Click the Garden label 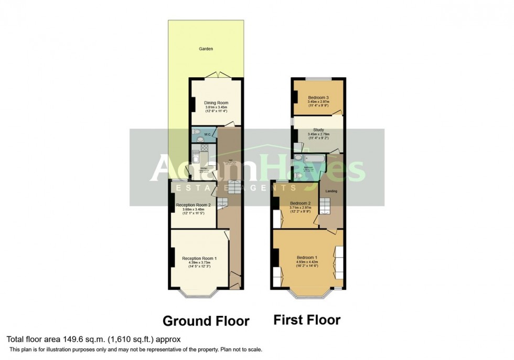pos(206,49)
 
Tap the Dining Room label pos(217,103)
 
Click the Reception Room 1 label pos(200,258)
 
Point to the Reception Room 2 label pos(193,205)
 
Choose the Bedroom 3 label pos(318,98)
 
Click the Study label pos(318,130)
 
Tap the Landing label pos(331,191)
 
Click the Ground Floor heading pos(206,321)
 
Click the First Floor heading pos(307,320)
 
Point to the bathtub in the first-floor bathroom pos(310,157)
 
